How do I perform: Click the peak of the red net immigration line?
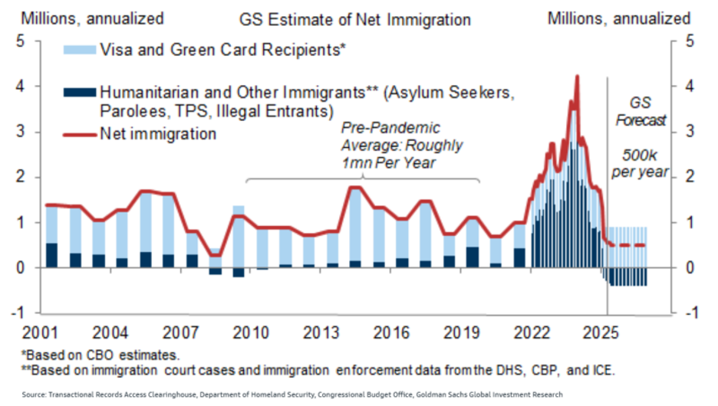(x=576, y=77)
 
